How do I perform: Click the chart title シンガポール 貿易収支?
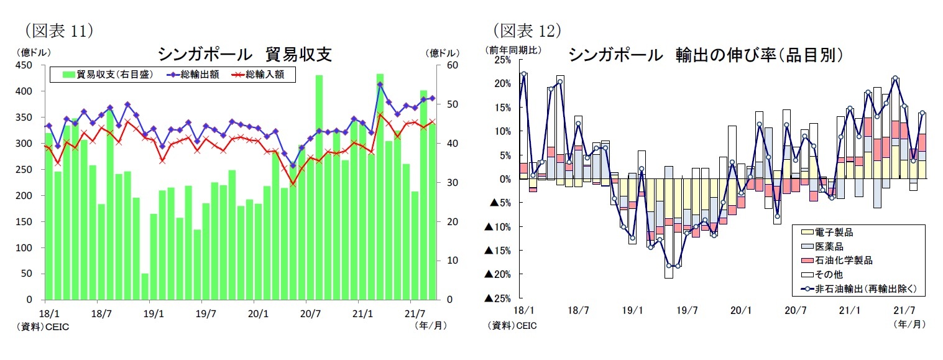point(244,55)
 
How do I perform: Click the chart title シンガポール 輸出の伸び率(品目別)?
point(706,55)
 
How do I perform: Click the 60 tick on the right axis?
point(451,65)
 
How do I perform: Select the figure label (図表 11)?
point(58,30)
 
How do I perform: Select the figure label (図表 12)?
point(527,30)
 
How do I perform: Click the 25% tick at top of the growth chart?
point(503,60)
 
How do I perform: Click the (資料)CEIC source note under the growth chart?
point(512,325)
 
